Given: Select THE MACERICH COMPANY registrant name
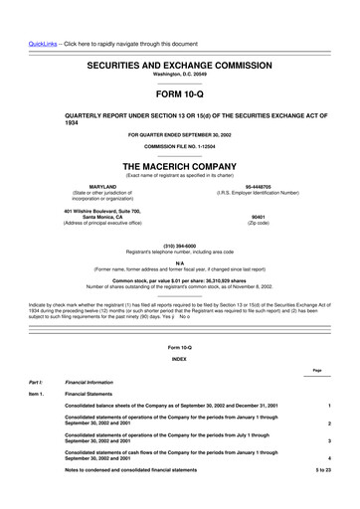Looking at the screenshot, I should point(180,166).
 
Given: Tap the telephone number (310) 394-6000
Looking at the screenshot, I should point(180,245).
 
